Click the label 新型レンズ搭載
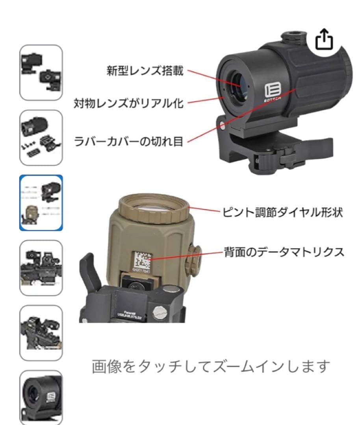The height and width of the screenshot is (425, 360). [145, 71]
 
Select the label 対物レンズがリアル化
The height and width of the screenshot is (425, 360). [129, 103]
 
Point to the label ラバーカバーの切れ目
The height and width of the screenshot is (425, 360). [129, 140]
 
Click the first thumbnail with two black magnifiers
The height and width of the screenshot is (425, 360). [41, 72]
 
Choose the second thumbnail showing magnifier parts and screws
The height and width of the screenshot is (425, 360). [41, 137]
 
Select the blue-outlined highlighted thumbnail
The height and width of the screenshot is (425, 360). [41, 202]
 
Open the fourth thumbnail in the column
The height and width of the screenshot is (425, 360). [41, 268]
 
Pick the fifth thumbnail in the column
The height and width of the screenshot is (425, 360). [41, 333]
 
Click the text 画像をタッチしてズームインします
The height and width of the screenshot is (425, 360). [210, 367]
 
